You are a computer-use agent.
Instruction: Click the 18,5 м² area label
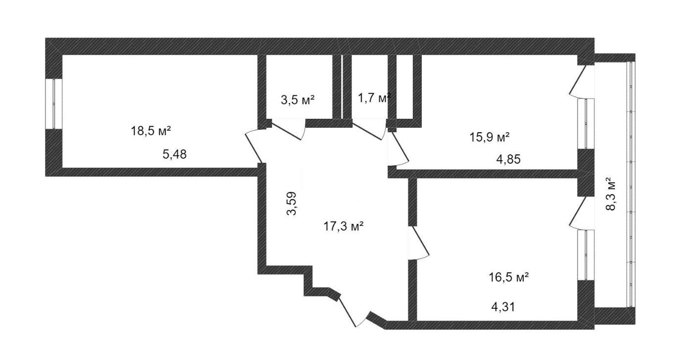[x=151, y=131]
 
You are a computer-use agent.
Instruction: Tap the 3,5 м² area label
[x=298, y=100]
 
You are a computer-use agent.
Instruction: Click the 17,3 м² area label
[x=344, y=226]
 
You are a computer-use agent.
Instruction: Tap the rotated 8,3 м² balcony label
[x=611, y=194]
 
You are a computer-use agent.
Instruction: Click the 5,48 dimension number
[x=175, y=154]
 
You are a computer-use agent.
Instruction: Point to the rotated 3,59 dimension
[x=293, y=204]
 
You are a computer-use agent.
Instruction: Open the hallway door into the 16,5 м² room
[x=419, y=242]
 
